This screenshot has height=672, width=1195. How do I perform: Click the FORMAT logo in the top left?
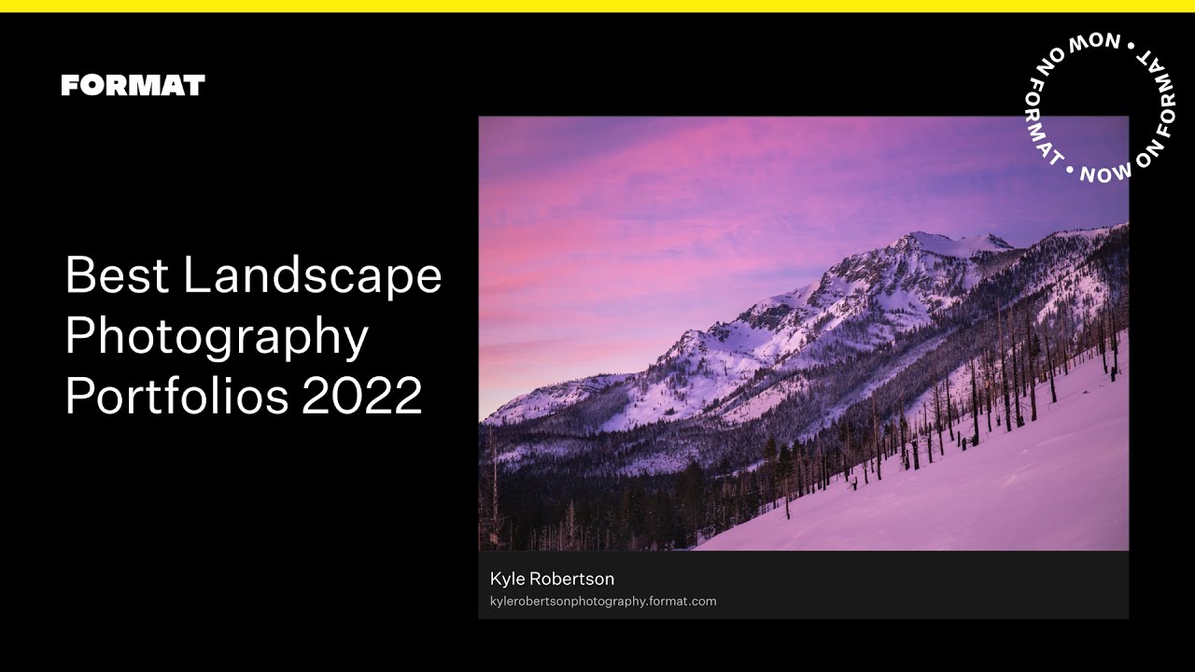[x=133, y=86]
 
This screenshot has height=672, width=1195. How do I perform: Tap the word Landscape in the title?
[x=313, y=277]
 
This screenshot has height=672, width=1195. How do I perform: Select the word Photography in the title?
[x=217, y=338]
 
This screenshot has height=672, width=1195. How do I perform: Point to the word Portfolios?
[x=177, y=396]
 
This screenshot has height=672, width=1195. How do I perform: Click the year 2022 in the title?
[x=362, y=396]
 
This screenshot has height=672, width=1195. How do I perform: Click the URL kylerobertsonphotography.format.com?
[x=603, y=602]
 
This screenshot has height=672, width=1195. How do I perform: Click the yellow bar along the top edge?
[x=597, y=6]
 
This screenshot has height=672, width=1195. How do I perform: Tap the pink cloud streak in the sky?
[x=597, y=177]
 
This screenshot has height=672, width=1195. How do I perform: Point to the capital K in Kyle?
[x=496, y=580]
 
